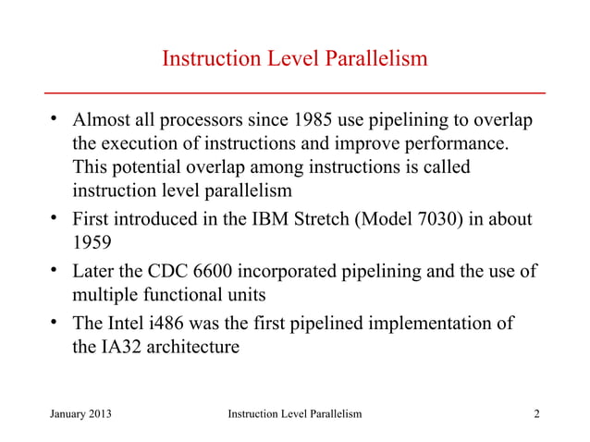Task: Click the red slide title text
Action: tap(294, 60)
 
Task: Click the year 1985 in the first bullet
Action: tap(318, 122)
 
